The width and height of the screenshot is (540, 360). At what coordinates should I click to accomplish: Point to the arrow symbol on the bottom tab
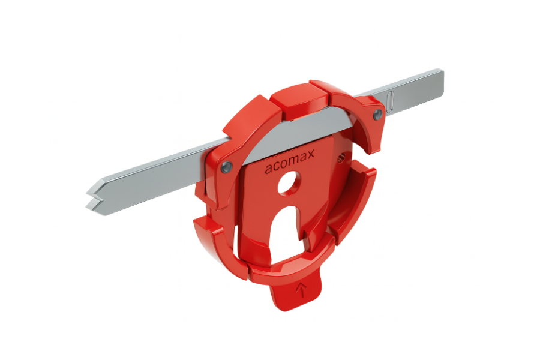click(x=301, y=290)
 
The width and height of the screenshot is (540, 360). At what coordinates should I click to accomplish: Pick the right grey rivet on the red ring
click(x=377, y=114)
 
